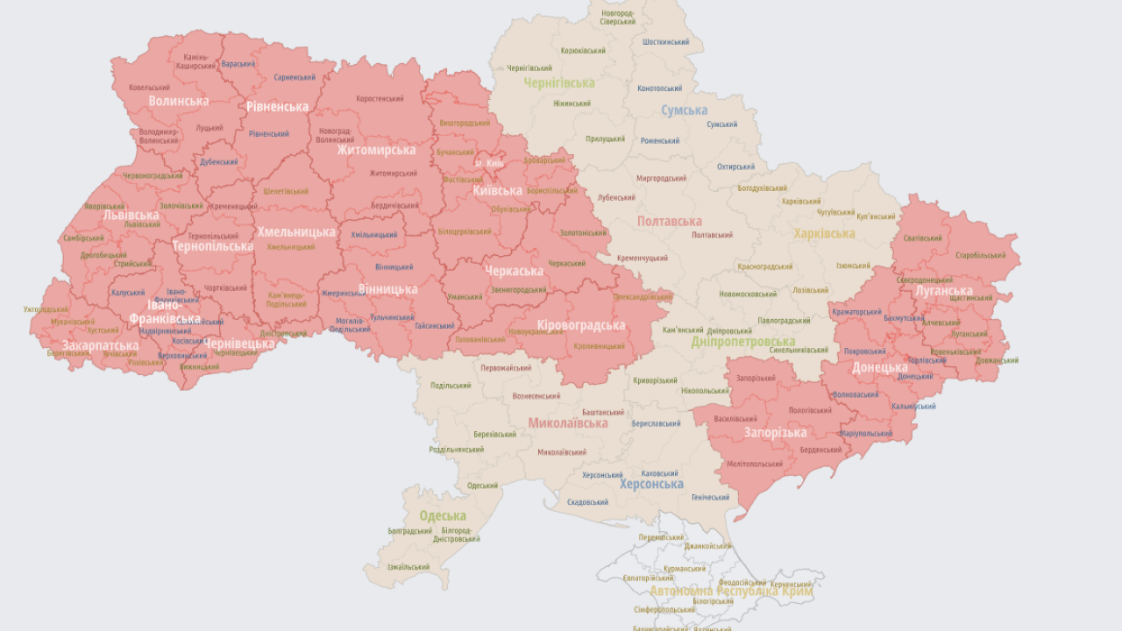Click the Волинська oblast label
179,101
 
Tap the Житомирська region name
376,150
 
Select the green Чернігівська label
559,83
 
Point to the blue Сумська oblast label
685,110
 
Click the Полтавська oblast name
670,222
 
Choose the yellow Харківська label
824,233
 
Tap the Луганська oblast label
944,290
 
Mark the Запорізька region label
775,432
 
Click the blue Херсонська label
651,484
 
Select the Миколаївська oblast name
567,423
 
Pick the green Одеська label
443,515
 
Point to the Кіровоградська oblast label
581,325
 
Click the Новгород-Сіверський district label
618,18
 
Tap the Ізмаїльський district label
408,567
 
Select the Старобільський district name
980,255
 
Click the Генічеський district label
710,497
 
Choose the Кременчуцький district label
643,259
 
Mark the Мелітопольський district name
754,464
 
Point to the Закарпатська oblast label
100,345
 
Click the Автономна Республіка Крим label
731,592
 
